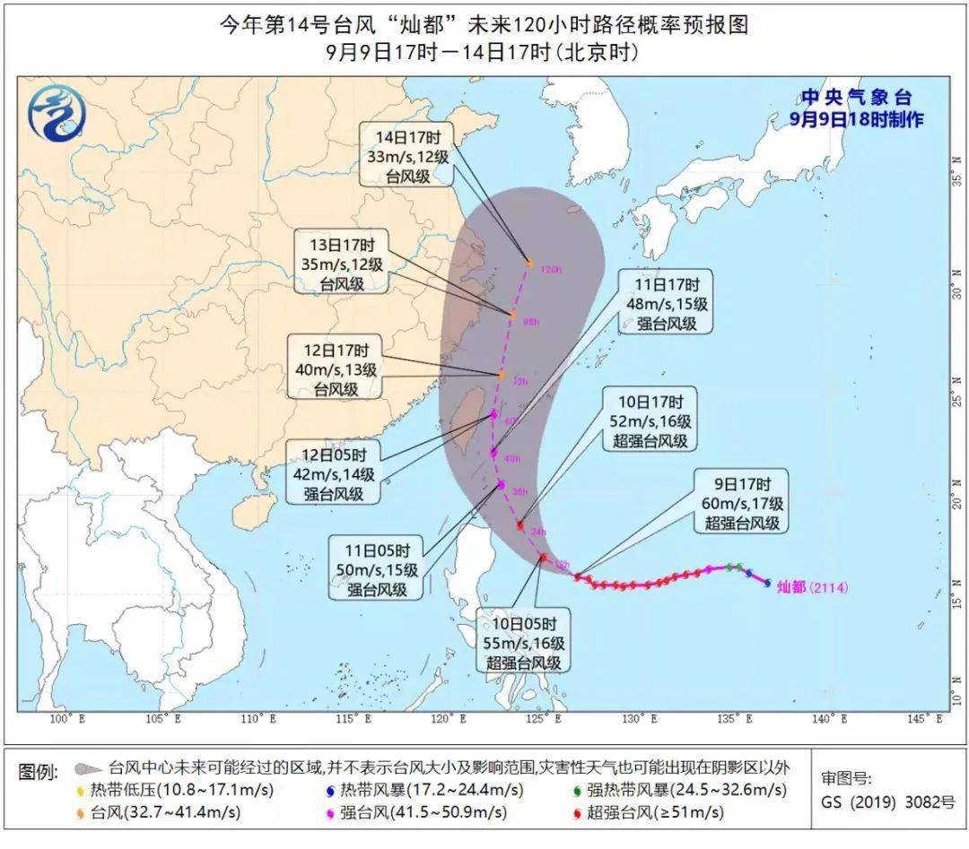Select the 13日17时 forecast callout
click(340, 262)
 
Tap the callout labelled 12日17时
click(335, 367)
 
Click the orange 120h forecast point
click(530, 264)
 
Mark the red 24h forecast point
click(520, 525)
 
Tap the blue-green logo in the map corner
click(56, 113)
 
